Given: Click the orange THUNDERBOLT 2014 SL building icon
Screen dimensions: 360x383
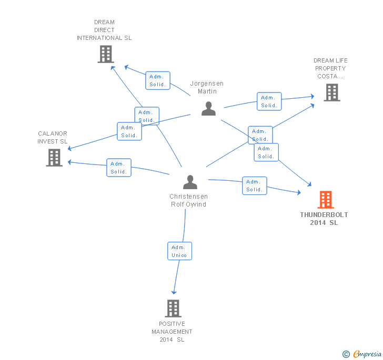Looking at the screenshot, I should pyautogui.click(x=326, y=200).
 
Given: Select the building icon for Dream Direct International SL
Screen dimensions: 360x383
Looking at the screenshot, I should pyautogui.click(x=106, y=54).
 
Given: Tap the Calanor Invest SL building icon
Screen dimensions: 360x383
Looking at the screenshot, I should pyautogui.click(x=54, y=158).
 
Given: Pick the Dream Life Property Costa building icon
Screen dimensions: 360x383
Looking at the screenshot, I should pyautogui.click(x=331, y=92).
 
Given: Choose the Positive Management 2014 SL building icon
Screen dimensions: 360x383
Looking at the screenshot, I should pyautogui.click(x=173, y=308).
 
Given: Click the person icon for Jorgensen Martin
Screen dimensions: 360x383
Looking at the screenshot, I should pyautogui.click(x=209, y=109).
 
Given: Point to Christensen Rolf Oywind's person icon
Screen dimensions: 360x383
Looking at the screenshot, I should pyautogui.click(x=190, y=182).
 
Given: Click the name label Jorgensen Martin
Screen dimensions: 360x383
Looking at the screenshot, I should pyautogui.click(x=207, y=87).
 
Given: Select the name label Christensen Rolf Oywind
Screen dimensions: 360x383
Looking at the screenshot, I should pyautogui.click(x=188, y=200).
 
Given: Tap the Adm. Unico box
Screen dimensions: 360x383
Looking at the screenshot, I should pyautogui.click(x=179, y=251).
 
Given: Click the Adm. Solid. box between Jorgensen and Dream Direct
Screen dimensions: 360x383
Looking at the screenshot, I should pyautogui.click(x=157, y=80).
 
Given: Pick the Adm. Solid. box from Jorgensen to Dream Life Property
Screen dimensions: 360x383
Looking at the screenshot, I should pyautogui.click(x=269, y=101).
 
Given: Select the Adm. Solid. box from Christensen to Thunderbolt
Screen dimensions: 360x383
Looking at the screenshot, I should pyautogui.click(x=254, y=186).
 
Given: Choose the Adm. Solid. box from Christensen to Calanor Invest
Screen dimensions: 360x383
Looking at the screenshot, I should pyautogui.click(x=118, y=168).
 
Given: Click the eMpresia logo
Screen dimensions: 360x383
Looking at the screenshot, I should pyautogui.click(x=362, y=354).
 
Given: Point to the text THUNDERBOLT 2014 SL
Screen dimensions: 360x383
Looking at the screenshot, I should pyautogui.click(x=324, y=219).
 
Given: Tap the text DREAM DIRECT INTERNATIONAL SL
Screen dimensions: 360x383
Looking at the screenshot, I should pyautogui.click(x=104, y=30).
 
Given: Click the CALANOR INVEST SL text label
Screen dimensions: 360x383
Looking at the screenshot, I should pyautogui.click(x=53, y=138).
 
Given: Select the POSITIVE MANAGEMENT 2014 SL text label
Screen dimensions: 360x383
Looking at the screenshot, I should pyautogui.click(x=172, y=332).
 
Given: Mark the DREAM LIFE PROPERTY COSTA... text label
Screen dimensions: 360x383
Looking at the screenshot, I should pyautogui.click(x=330, y=68).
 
